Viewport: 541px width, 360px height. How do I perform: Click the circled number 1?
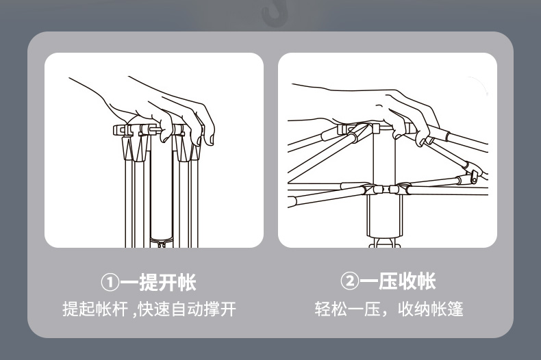coord(110,282)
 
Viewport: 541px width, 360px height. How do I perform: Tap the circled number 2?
coord(349,281)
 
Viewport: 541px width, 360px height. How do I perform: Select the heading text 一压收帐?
coord(397,281)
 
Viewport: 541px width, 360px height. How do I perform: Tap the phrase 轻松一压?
coord(341,309)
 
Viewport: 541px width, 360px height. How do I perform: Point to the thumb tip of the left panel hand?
coord(164,137)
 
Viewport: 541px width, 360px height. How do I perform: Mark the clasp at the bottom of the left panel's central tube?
coord(161,240)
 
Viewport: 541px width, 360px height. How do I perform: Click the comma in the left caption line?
coord(134,310)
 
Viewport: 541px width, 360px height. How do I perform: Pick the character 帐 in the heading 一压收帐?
coord(426,281)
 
